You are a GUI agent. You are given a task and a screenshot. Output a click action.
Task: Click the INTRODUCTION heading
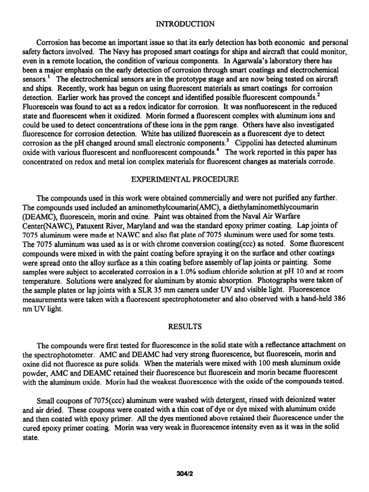point(184,24)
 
